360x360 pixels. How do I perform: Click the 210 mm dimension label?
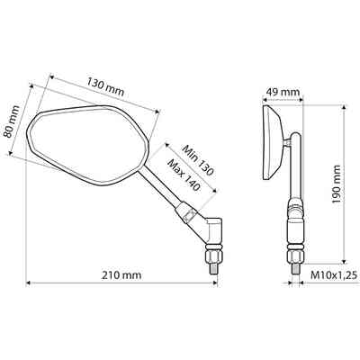(121, 274)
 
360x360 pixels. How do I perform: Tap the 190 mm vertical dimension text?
(337, 184)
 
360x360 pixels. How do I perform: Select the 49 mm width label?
(283, 92)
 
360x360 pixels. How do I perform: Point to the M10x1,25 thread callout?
(334, 274)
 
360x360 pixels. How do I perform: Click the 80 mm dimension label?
(12, 121)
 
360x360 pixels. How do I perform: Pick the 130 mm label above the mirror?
(105, 86)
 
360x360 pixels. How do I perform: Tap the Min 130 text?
(198, 160)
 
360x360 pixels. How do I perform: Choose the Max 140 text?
(184, 175)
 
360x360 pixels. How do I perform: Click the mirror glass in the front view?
(88, 144)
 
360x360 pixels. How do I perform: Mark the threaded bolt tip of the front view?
(213, 268)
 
